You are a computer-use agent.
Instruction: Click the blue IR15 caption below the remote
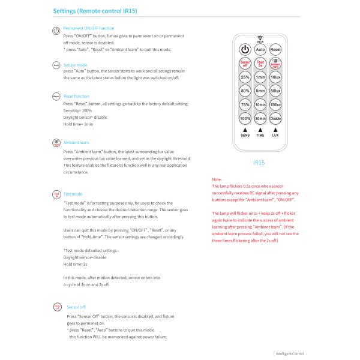pyautogui.click(x=260, y=163)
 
